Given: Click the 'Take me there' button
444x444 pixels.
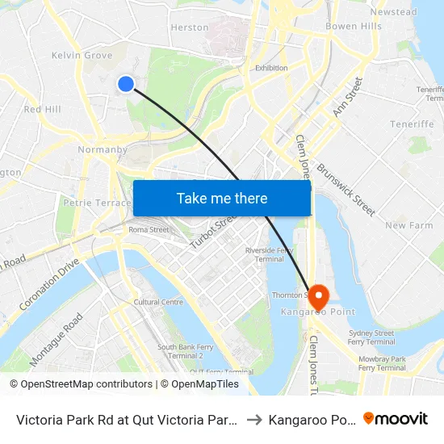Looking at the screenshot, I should (222, 198).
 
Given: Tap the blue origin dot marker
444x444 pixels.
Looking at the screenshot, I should (126, 83).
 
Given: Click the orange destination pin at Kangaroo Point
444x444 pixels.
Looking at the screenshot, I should (316, 296).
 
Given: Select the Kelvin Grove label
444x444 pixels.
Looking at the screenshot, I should (82, 56).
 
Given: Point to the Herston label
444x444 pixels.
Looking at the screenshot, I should (190, 27).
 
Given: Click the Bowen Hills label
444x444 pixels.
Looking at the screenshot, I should (354, 27).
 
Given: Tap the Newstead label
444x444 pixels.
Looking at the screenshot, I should (393, 12).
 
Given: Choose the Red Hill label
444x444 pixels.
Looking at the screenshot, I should (43, 109).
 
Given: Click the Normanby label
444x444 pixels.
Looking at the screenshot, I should (103, 149).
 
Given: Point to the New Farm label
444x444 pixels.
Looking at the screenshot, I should (408, 226).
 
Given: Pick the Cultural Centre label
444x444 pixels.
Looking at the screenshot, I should (158, 302).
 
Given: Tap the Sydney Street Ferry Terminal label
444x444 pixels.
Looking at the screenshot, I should (371, 337).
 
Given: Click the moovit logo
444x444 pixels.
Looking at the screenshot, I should (396, 419).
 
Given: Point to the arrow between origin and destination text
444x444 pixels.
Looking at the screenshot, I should (253, 419).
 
